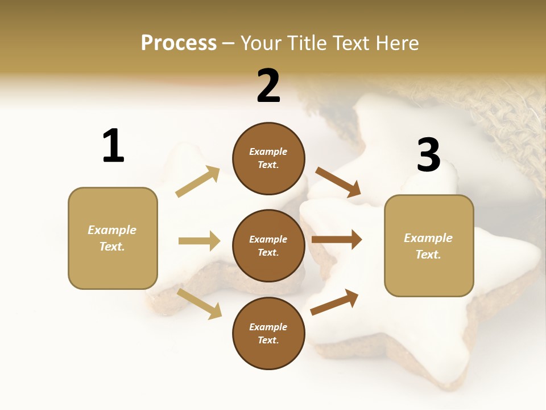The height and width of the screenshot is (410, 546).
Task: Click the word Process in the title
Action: tap(179, 43)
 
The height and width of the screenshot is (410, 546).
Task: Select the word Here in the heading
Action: tap(395, 43)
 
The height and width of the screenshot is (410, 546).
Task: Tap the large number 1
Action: tap(113, 146)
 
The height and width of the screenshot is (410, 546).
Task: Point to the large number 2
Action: tap(268, 86)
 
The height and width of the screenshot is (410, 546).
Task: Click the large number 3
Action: tap(428, 155)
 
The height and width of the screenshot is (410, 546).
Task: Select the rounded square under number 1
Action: tap(113, 238)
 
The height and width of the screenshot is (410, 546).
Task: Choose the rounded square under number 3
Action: tap(429, 246)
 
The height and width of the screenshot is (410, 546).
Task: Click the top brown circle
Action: tap(268, 158)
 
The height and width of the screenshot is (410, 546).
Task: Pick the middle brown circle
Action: tap(268, 245)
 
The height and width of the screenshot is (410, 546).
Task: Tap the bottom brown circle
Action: tap(268, 333)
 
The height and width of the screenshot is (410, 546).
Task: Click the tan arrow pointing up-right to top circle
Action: tap(198, 182)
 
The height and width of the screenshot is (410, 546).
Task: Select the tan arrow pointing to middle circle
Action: tap(199, 241)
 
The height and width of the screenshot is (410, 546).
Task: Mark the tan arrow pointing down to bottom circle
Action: tap(200, 303)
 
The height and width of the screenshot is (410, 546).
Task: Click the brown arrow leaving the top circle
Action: tap(338, 182)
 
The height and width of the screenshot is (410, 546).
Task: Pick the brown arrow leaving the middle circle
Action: tap(337, 240)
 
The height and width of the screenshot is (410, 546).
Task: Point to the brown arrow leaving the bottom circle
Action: tap(334, 302)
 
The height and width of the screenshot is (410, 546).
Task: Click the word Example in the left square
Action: tap(112, 230)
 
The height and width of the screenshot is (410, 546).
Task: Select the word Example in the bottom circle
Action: tap(268, 327)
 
